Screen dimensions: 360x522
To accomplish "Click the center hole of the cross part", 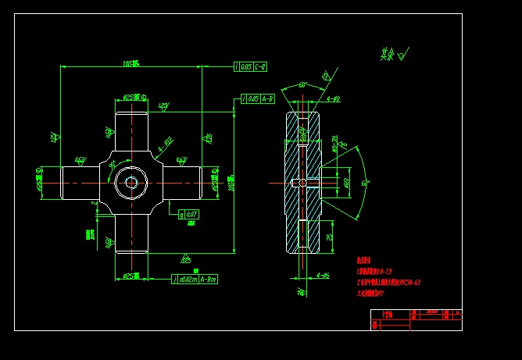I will [x=130, y=183].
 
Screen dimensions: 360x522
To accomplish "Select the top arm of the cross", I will [x=130, y=133].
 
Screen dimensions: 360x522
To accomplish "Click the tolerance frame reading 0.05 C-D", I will [x=250, y=66].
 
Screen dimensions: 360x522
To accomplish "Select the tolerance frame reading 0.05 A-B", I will [x=258, y=99].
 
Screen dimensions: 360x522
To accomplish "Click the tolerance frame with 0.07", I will [x=188, y=213].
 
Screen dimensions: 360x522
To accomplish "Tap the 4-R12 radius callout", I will [x=165, y=144].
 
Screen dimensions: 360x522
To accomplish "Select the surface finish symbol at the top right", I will [x=394, y=55].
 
